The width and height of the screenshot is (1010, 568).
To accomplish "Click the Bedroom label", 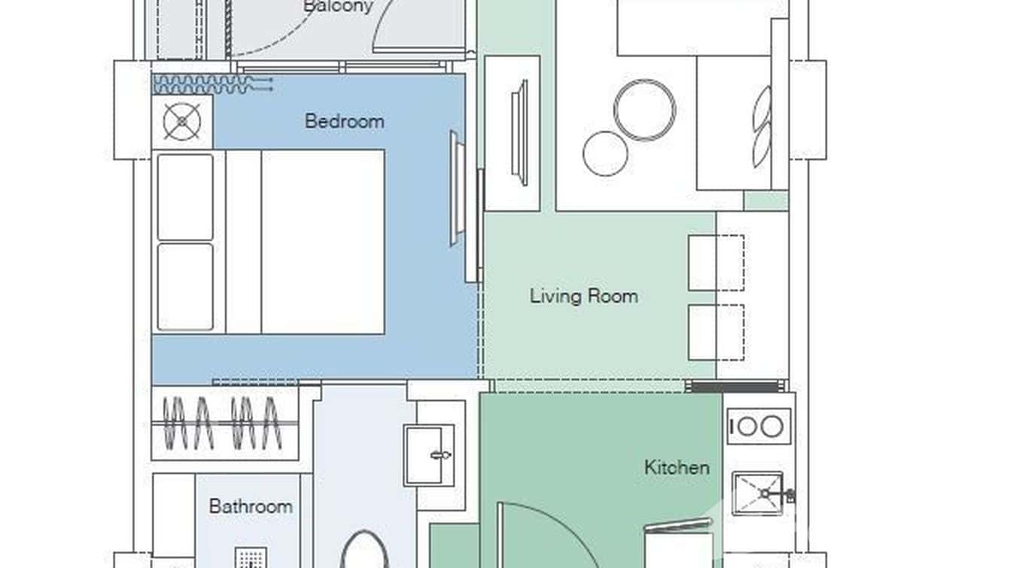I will (344, 121).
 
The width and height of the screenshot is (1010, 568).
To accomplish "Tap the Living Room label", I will (583, 296).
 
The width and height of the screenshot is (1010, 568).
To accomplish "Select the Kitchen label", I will (676, 467).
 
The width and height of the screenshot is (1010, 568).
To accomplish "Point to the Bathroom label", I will (251, 506).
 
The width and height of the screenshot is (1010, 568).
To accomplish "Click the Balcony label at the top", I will (338, 7).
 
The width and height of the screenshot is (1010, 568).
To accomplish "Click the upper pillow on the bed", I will (185, 197).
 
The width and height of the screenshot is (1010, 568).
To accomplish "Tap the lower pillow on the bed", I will (185, 286).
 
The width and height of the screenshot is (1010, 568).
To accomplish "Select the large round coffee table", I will (644, 110).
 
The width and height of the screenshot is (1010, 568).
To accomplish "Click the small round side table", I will (605, 154).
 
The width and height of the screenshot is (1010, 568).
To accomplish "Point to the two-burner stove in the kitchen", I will (759, 426).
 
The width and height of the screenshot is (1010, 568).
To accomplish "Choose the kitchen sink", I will (759, 493).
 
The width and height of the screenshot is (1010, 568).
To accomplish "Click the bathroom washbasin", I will (430, 455).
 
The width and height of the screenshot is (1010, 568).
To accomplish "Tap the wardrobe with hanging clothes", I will (226, 423).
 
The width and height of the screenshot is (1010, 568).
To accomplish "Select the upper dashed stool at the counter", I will (716, 263).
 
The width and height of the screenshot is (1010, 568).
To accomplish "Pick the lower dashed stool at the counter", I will (716, 332).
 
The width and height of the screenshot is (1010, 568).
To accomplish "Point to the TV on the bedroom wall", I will (454, 188).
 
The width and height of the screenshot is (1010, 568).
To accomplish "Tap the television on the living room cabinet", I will (519, 133).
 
